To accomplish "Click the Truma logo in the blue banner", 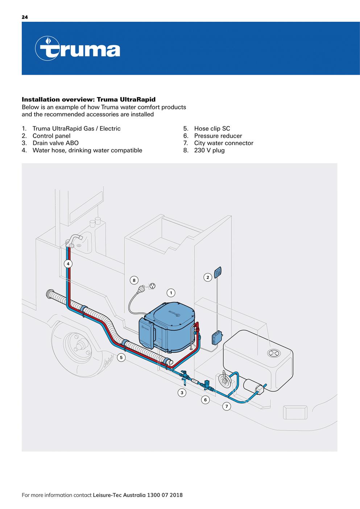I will (x=77, y=49).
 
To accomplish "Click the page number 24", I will (x=25, y=17).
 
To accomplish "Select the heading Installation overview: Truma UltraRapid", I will (x=88, y=99).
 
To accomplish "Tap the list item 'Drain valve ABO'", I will (x=55, y=143).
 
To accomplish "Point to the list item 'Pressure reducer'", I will (x=218, y=136).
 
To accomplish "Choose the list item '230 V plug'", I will (x=209, y=150).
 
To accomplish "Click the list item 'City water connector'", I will (x=223, y=143).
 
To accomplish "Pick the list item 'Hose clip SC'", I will (x=212, y=128).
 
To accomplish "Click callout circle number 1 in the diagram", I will (x=171, y=293).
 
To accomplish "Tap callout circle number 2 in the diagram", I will (x=208, y=277).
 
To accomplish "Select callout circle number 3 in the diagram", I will (x=182, y=392).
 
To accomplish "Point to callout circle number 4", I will (x=68, y=264).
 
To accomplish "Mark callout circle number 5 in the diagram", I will (x=122, y=357).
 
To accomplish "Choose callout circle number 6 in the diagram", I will (x=205, y=400).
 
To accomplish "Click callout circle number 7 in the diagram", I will (x=227, y=406).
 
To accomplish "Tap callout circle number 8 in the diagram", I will (x=134, y=280).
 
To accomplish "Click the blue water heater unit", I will (x=170, y=326).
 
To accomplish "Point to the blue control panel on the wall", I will (x=218, y=272).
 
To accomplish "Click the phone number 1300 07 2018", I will (x=165, y=495).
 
